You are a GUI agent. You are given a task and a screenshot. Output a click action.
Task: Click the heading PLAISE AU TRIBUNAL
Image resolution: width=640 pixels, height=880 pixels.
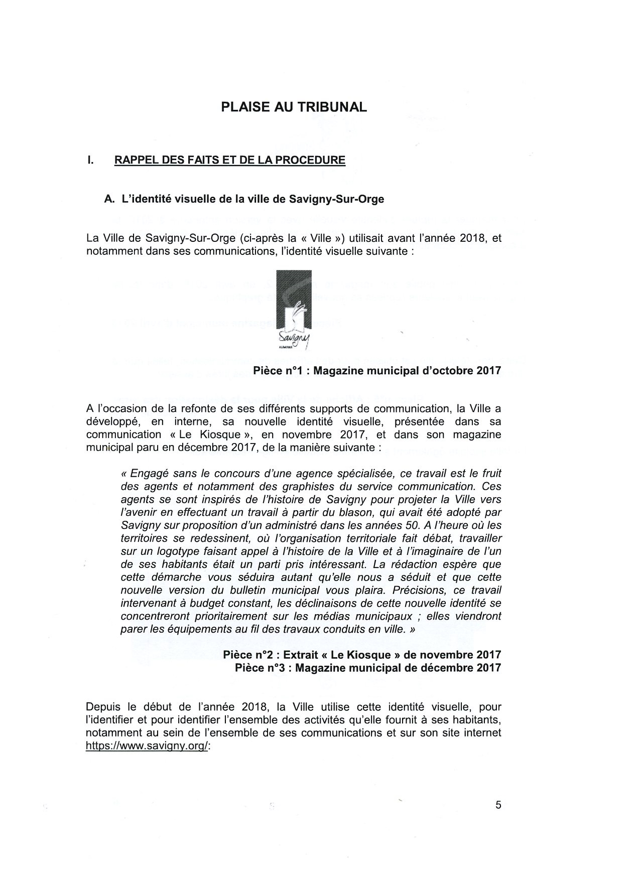pyautogui.click(x=294, y=107)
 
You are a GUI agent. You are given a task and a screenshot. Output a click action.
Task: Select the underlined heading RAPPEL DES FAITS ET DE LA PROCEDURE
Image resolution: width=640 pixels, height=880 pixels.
pyautogui.click(x=230, y=161)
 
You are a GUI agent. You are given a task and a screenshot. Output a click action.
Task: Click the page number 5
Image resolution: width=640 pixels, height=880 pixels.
pyautogui.click(x=498, y=806)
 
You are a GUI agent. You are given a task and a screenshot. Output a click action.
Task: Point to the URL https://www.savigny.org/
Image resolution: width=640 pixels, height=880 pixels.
pyautogui.click(x=147, y=746)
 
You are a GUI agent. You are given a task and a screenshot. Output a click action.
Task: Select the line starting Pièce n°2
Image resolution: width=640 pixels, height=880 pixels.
pyautogui.click(x=362, y=655)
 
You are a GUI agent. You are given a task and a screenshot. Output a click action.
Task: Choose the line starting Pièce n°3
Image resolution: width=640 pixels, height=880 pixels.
pyautogui.click(x=368, y=668)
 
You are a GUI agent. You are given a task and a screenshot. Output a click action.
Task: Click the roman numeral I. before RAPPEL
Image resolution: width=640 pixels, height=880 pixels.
pyautogui.click(x=90, y=161)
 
